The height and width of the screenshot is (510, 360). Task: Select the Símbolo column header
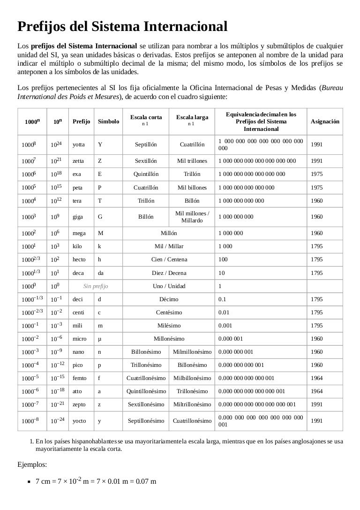tap(108, 121)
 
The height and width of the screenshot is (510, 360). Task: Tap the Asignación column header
tap(325, 121)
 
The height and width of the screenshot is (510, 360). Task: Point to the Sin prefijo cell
tap(96, 286)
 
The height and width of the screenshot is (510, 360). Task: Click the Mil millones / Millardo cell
tap(192, 217)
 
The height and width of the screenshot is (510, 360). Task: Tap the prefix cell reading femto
tap(80, 378)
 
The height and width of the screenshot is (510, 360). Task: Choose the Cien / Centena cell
tap(169, 259)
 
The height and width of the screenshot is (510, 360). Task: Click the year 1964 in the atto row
tap(316, 391)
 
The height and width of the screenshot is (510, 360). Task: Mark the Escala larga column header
tap(192, 117)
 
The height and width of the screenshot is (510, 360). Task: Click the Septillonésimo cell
tap(146, 421)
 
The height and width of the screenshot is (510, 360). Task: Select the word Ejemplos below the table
tap(31, 465)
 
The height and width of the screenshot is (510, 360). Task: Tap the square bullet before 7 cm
tap(29, 482)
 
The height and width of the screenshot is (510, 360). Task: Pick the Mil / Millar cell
tap(169, 246)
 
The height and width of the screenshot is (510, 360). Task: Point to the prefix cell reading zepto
tap(79, 404)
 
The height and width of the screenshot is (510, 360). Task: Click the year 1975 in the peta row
tap(316, 188)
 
